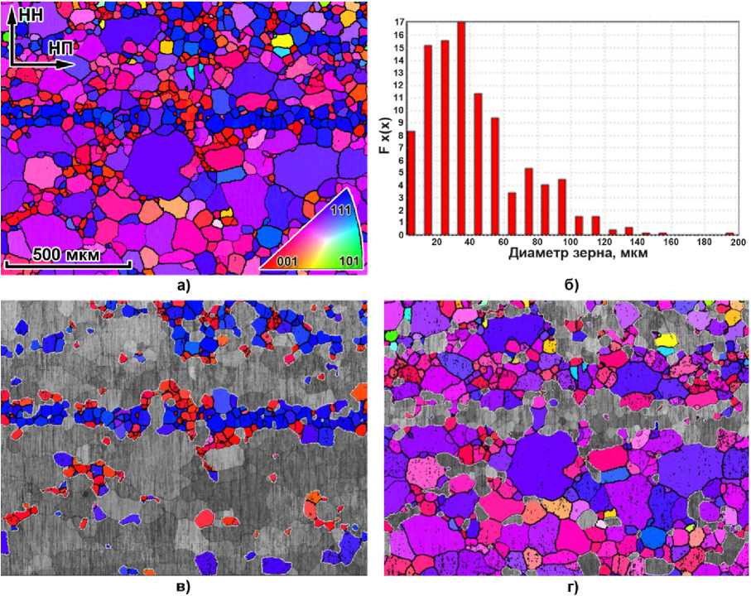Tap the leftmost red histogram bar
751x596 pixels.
[411, 183]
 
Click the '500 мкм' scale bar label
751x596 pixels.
[65, 254]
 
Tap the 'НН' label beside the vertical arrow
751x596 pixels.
[30, 14]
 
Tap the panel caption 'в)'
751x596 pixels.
[181, 587]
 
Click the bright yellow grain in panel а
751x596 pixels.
[285, 40]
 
